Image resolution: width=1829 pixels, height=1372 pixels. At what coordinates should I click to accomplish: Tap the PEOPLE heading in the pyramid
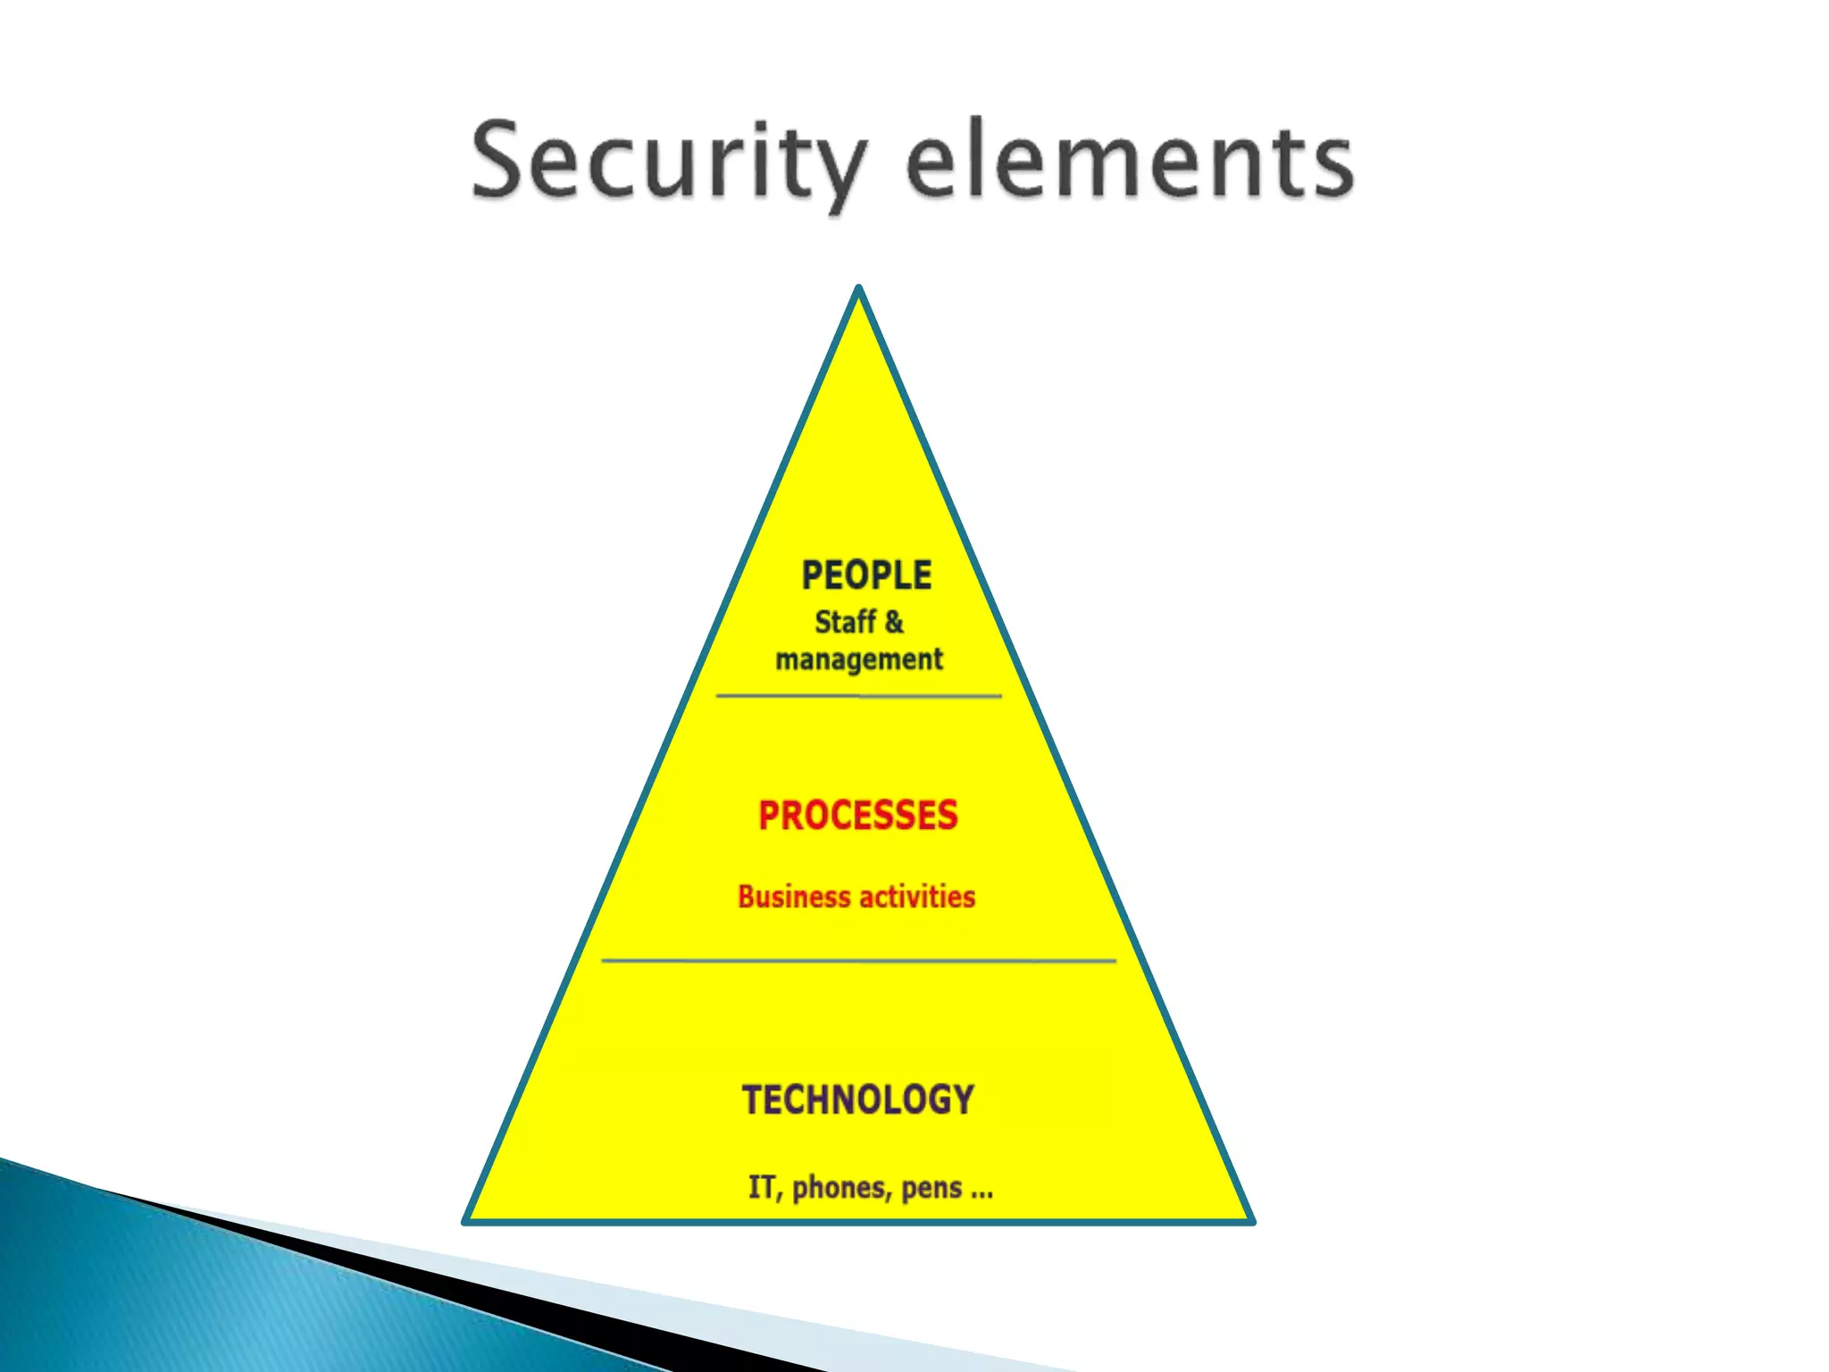[x=866, y=575]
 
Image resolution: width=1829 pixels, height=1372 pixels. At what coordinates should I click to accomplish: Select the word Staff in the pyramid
[x=845, y=623]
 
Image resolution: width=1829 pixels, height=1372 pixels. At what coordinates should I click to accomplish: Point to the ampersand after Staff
[x=894, y=623]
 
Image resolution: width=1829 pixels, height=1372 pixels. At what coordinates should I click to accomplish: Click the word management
[x=859, y=660]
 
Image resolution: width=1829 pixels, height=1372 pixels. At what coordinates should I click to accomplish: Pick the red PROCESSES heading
[x=858, y=816]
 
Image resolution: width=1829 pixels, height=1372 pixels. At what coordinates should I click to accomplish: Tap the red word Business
[x=794, y=897]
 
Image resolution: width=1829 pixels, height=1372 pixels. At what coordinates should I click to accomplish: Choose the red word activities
[x=917, y=897]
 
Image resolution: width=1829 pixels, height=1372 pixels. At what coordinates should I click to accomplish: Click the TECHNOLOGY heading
[x=858, y=1100]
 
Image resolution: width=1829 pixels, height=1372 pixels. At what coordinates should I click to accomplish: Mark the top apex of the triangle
[x=858, y=290]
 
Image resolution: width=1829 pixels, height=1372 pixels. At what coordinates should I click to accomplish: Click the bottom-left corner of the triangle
[x=467, y=1219]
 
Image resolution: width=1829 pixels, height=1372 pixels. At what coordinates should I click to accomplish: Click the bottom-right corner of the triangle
[x=1250, y=1219]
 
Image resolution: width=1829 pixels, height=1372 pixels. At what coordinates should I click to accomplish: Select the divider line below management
[x=858, y=695]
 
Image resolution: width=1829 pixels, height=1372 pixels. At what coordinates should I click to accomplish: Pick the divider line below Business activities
[x=858, y=961]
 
